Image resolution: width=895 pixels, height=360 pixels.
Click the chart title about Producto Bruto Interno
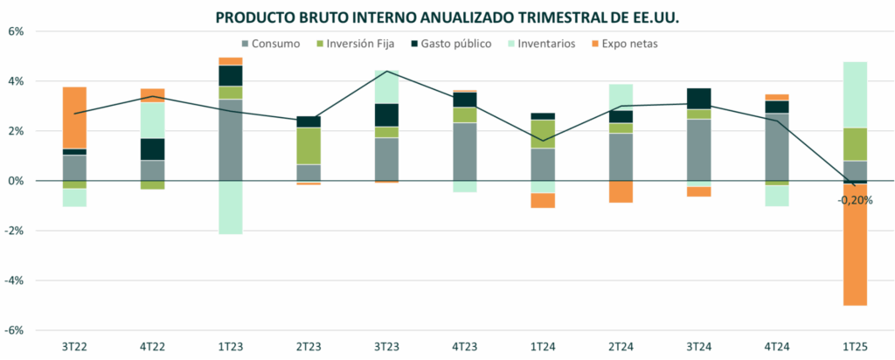[447, 17]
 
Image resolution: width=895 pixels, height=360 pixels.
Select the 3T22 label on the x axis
[74, 347]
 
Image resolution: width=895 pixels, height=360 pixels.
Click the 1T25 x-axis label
[855, 347]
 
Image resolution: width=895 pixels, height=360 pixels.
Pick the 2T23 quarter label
[309, 347]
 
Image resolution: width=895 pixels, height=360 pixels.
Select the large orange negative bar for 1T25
[855, 245]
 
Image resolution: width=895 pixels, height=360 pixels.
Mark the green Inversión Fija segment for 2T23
[309, 146]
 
